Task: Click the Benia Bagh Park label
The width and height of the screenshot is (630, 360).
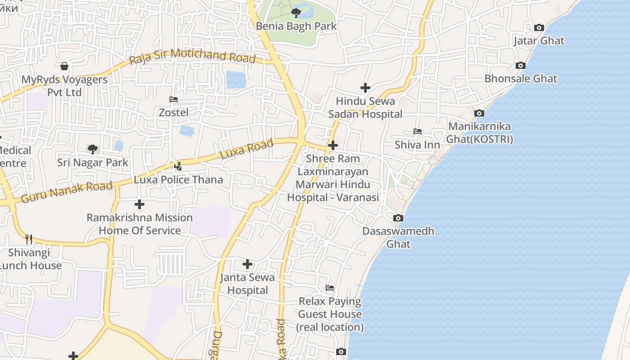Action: click(296, 26)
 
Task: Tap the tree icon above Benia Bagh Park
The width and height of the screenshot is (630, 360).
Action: click(296, 13)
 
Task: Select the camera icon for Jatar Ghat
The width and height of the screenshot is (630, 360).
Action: click(539, 28)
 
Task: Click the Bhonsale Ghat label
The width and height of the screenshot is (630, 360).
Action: click(521, 78)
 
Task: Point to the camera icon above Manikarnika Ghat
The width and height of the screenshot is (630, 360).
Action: click(479, 113)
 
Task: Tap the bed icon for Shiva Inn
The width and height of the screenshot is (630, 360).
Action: click(418, 131)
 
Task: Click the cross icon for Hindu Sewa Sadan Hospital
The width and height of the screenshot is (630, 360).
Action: click(365, 88)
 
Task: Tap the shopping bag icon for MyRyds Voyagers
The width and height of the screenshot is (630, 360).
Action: click(64, 67)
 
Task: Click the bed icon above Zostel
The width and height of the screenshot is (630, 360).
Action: click(174, 99)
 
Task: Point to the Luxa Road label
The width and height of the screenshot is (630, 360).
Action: click(247, 149)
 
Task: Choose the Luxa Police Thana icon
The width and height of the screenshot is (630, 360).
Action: click(178, 166)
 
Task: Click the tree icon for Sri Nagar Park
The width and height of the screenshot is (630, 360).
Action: click(93, 149)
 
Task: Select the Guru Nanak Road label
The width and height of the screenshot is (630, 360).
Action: click(67, 192)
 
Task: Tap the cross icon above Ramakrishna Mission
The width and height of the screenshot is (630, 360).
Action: click(139, 204)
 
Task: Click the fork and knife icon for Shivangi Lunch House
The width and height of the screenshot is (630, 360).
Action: click(29, 239)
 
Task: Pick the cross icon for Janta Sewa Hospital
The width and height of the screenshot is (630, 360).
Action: click(247, 264)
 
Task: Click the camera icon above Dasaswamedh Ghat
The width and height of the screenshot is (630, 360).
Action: click(398, 218)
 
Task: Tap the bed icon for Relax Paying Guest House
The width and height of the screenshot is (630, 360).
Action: click(330, 288)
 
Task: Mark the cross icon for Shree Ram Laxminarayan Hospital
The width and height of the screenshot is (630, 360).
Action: click(333, 145)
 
